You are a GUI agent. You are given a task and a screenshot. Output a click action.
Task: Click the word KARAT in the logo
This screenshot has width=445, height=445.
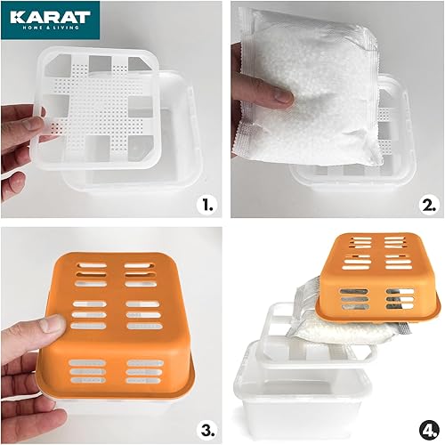(x=51, y=17)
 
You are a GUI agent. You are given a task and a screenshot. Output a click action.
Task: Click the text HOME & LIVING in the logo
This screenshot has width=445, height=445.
(x=51, y=28)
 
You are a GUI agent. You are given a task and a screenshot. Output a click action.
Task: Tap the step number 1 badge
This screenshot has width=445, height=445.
(x=207, y=205)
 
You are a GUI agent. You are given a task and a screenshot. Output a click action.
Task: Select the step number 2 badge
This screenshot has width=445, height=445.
(x=429, y=205)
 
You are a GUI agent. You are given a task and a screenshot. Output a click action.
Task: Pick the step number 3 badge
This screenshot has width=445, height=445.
(x=207, y=430)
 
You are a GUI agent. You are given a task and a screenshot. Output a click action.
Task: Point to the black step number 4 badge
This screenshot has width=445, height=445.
(x=429, y=430)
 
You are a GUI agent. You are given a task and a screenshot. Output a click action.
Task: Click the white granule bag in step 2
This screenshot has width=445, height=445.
(x=309, y=86)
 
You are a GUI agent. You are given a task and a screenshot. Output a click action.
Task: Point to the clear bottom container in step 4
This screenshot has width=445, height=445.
(x=303, y=392)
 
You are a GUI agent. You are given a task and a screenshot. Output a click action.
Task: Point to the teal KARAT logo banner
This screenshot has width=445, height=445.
(x=51, y=20)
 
